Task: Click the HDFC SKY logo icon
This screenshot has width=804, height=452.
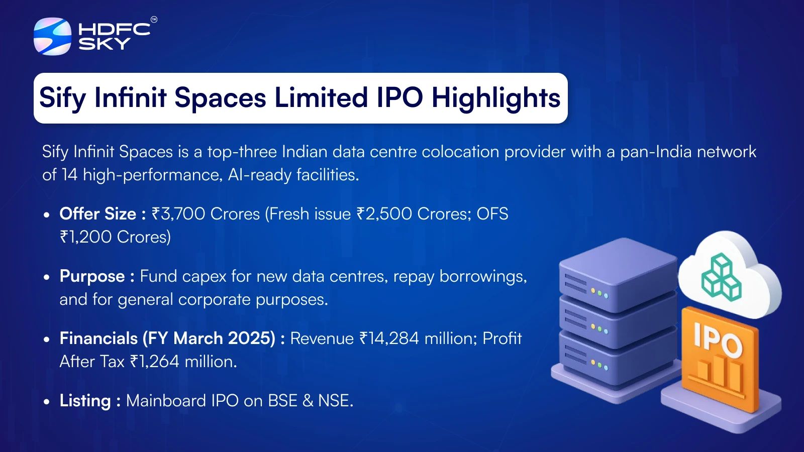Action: [52, 36]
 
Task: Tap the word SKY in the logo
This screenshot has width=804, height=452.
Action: [105, 44]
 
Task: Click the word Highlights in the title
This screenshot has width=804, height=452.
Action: [495, 98]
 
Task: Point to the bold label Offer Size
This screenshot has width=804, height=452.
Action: [97, 214]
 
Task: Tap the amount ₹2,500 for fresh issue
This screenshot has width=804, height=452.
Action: [384, 214]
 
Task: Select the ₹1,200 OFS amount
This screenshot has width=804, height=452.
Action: [86, 237]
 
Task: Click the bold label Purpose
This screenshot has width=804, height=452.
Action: [92, 277]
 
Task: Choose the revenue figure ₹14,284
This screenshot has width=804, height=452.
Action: [389, 338]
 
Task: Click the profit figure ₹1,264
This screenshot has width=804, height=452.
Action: [155, 362]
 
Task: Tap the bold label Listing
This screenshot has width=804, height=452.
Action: [85, 401]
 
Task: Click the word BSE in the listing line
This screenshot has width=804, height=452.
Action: [283, 401]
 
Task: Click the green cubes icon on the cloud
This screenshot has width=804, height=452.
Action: [721, 277]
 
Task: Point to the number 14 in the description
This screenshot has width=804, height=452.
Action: [70, 175]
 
